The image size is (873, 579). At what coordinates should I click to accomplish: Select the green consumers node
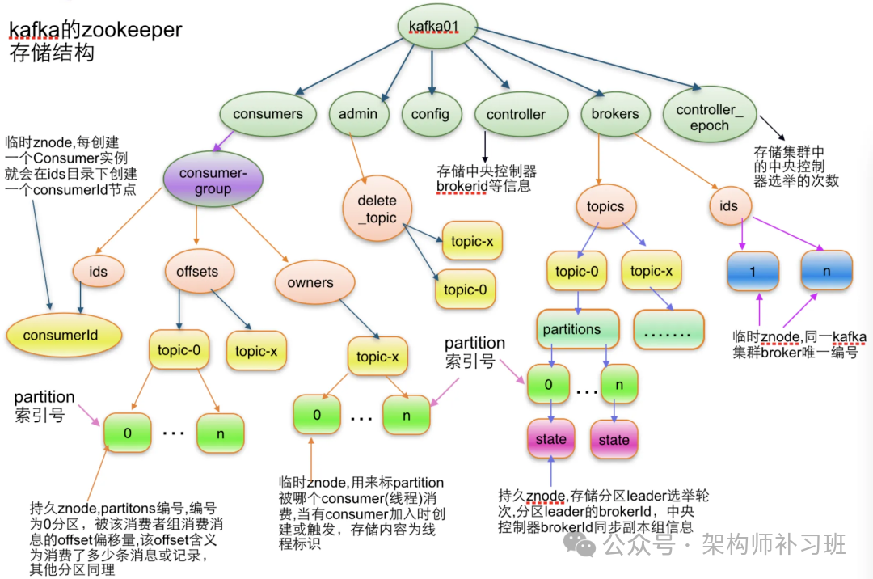point(268,114)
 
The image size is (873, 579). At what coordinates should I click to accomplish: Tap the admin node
point(358,114)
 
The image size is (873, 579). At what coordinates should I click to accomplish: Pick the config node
point(431,114)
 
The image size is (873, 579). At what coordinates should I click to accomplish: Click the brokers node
point(615,114)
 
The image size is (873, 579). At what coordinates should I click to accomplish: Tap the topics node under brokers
point(605,206)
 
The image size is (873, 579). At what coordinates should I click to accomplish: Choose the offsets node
point(197,272)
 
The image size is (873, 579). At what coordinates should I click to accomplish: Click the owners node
point(310,283)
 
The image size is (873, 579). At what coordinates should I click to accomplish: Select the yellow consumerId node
point(63,335)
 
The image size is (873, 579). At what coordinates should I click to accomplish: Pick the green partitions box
point(577,330)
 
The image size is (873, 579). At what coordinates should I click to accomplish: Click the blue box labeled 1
point(753,272)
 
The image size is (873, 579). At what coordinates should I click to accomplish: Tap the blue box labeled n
point(826,271)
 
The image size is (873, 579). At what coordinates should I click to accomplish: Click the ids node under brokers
point(729,205)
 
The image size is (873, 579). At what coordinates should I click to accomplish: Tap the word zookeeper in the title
point(133,31)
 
